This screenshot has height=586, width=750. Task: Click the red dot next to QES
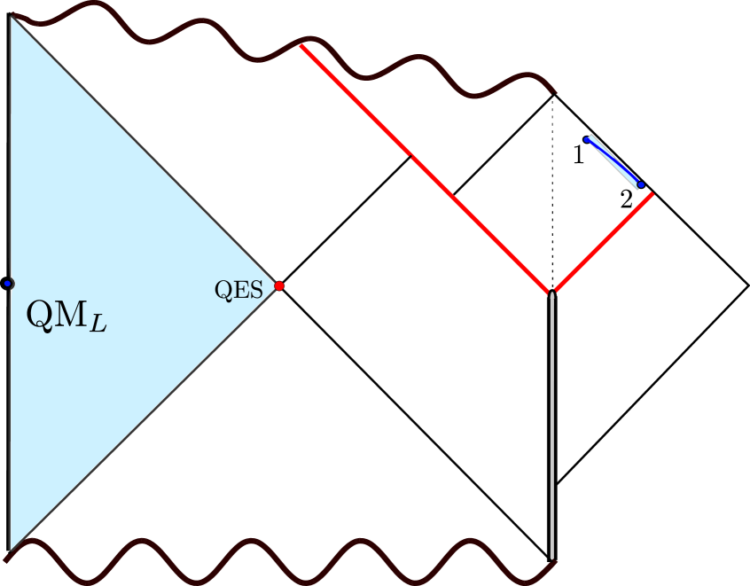279,285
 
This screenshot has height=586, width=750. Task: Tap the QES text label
238,289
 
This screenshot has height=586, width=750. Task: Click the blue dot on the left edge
7,283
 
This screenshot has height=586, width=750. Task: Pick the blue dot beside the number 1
586,139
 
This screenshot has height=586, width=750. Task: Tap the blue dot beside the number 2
641,184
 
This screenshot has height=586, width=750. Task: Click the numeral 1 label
578,156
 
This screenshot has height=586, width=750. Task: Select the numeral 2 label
626,200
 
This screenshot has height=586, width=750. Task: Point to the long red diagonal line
426,168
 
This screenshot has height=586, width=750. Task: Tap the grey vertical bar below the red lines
553,426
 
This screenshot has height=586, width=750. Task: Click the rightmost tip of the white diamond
746,285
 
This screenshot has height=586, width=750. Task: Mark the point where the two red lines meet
552,292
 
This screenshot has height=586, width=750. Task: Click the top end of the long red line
302,45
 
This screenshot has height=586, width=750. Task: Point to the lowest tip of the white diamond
558,481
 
